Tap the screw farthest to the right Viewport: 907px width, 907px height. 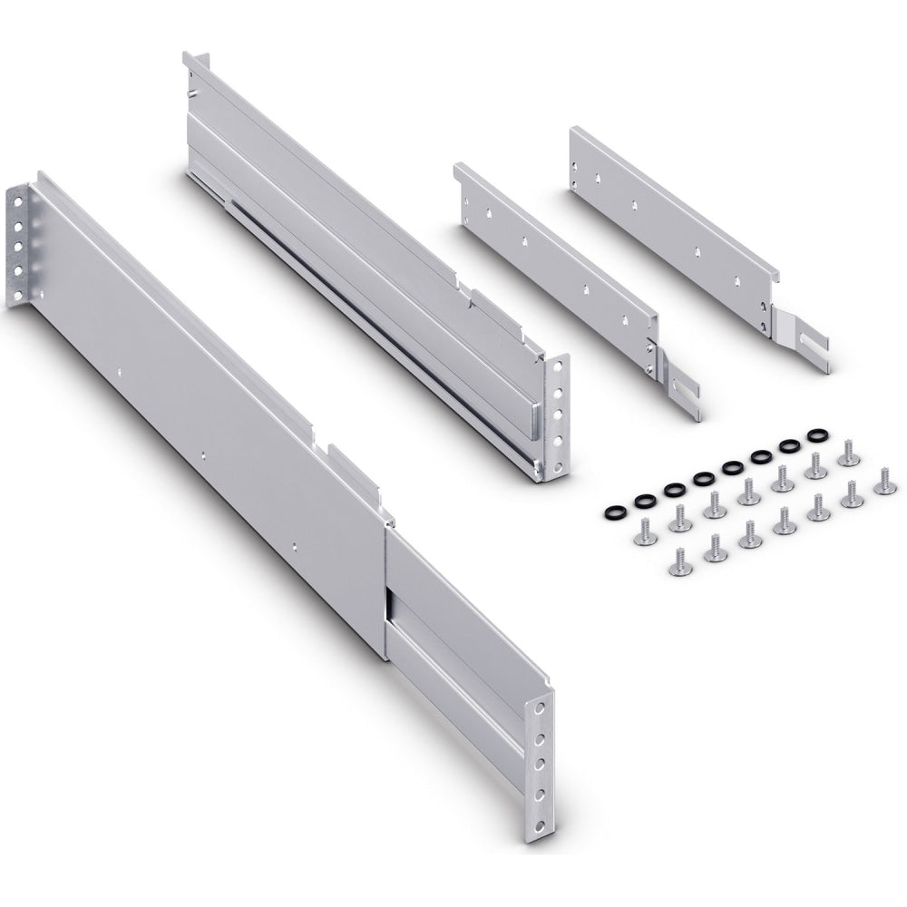click(x=884, y=483)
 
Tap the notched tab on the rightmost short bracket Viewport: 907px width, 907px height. click(x=803, y=341)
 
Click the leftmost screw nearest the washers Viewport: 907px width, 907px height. click(x=646, y=532)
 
